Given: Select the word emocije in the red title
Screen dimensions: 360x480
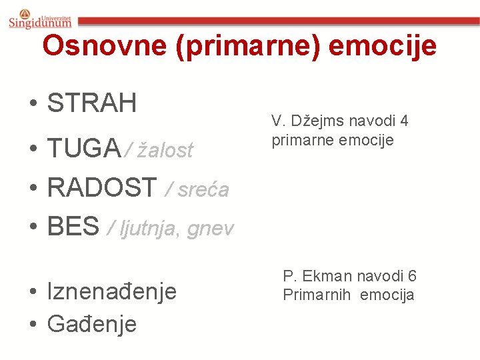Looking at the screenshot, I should [383, 46].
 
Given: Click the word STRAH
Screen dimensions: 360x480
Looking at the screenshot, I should [92, 103].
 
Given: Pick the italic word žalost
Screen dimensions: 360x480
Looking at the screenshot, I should [165, 151].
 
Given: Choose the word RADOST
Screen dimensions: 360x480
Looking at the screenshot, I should [102, 189].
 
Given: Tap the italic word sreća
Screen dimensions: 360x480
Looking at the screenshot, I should [203, 191].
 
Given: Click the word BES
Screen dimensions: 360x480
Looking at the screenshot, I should [73, 227].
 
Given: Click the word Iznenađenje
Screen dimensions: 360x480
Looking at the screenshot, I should [112, 291].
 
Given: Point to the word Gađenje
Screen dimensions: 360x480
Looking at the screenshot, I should [92, 324].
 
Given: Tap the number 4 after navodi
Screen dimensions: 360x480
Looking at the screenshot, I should [403, 121].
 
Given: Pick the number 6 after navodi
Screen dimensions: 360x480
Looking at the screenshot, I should [412, 276].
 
